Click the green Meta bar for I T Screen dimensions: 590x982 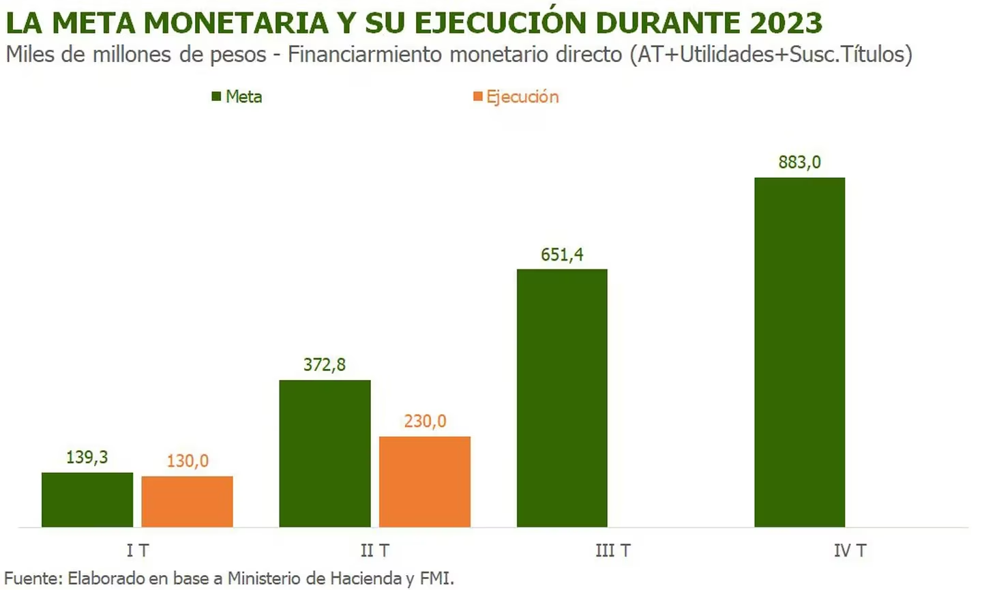point(87,499)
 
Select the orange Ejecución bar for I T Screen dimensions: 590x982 point(188,501)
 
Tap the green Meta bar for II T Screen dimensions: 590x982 point(325,454)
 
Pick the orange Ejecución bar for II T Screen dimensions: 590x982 point(425,482)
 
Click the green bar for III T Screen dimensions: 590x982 point(562,398)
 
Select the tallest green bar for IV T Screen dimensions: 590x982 point(799,352)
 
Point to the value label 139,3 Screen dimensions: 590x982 point(87,457)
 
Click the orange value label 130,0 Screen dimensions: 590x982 point(188,461)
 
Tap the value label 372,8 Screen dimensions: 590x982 point(325,365)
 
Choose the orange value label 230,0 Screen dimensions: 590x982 point(425,421)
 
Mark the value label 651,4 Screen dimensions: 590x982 point(562,254)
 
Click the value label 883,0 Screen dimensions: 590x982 point(799,162)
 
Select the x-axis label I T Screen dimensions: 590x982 point(137,550)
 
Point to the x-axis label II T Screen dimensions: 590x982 point(374,550)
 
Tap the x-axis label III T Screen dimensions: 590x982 point(612,550)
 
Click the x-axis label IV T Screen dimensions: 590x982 point(850,550)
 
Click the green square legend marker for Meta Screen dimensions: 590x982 point(216,97)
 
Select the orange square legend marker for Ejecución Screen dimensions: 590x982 point(477,97)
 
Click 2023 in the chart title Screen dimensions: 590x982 point(786,23)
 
